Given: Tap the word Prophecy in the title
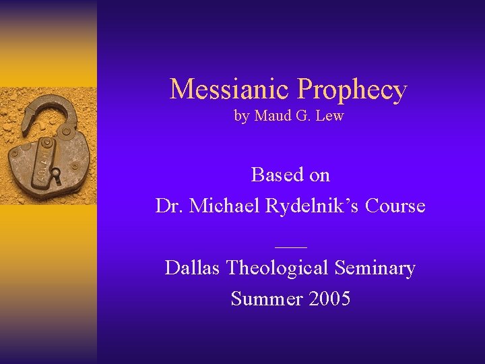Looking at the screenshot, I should tap(352, 90).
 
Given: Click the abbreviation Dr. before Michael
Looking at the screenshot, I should tap(169, 206).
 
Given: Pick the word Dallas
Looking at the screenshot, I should tap(193, 268).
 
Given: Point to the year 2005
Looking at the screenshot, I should tap(328, 298).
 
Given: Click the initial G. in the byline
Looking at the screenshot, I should tap(302, 116).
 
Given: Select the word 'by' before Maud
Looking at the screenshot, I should tap(241, 116).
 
